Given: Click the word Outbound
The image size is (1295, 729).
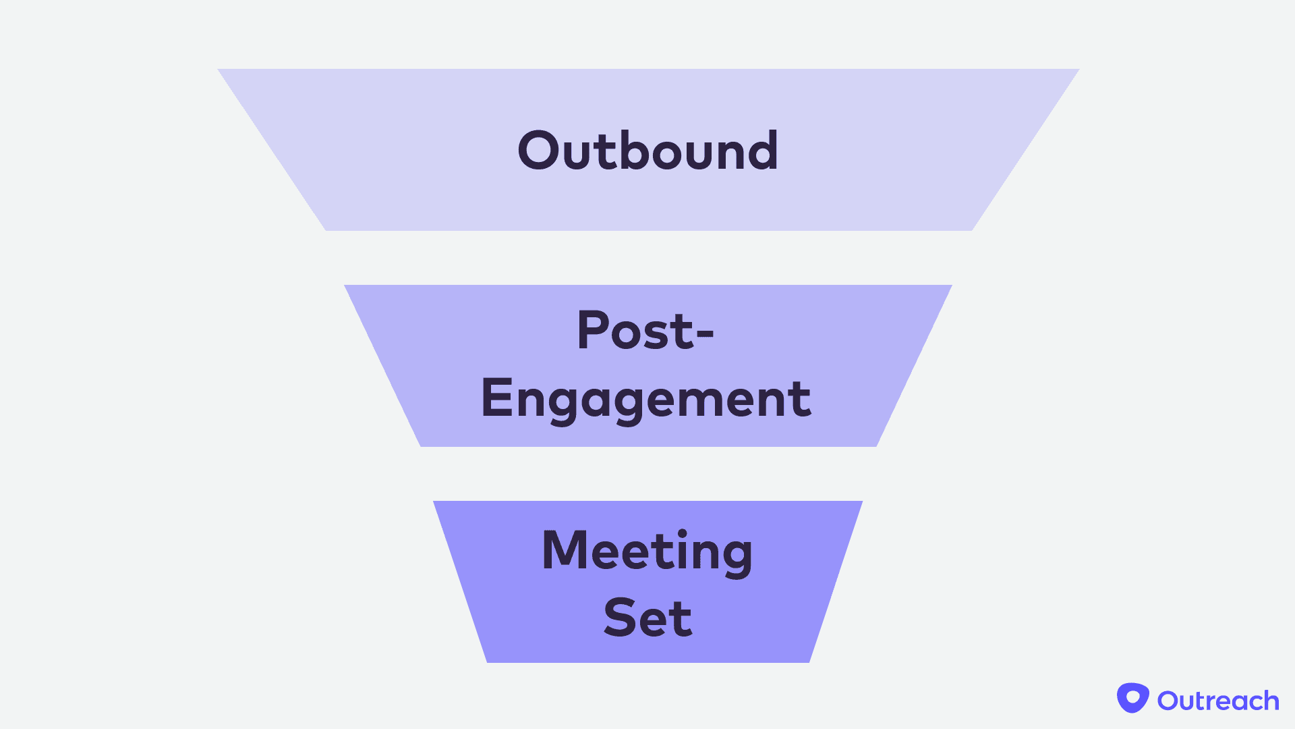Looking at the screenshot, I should [647, 150].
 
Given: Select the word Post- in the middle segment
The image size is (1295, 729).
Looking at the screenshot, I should [645, 330].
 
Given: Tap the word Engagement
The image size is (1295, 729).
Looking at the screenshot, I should [646, 398].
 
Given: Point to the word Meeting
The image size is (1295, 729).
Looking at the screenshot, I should [647, 551].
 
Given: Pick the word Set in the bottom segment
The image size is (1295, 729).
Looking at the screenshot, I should [647, 618].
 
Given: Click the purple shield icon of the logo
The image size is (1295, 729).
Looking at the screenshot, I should [1132, 697].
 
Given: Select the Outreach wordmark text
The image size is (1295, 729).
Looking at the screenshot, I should [1218, 701].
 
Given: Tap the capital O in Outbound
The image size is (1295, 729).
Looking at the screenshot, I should [538, 151].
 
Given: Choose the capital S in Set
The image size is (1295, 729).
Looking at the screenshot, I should [621, 618].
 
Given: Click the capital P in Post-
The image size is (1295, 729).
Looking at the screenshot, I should [593, 330].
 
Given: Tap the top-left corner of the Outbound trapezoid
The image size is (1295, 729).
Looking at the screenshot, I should [219, 70].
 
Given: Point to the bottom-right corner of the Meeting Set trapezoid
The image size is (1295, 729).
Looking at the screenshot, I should [809, 661].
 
